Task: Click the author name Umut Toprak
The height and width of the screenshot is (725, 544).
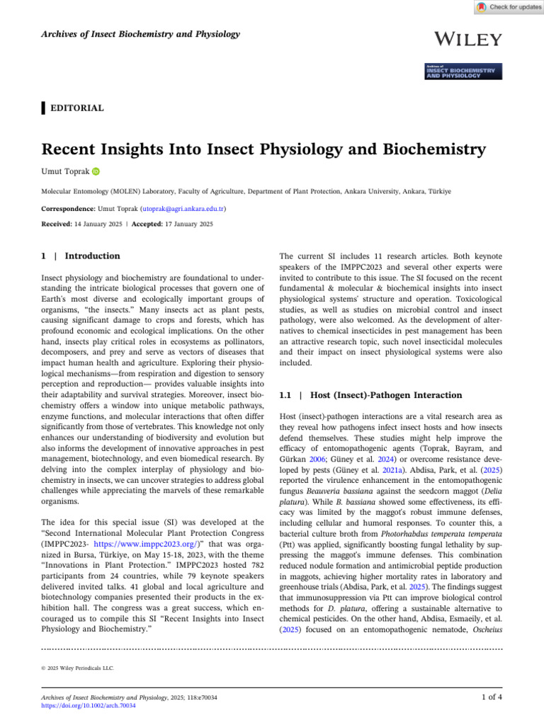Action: coord(64,171)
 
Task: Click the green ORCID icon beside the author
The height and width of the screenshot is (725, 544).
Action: coord(96,171)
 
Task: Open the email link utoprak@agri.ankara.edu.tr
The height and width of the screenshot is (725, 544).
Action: coord(188,210)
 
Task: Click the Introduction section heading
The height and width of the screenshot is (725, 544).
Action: coord(92,256)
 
